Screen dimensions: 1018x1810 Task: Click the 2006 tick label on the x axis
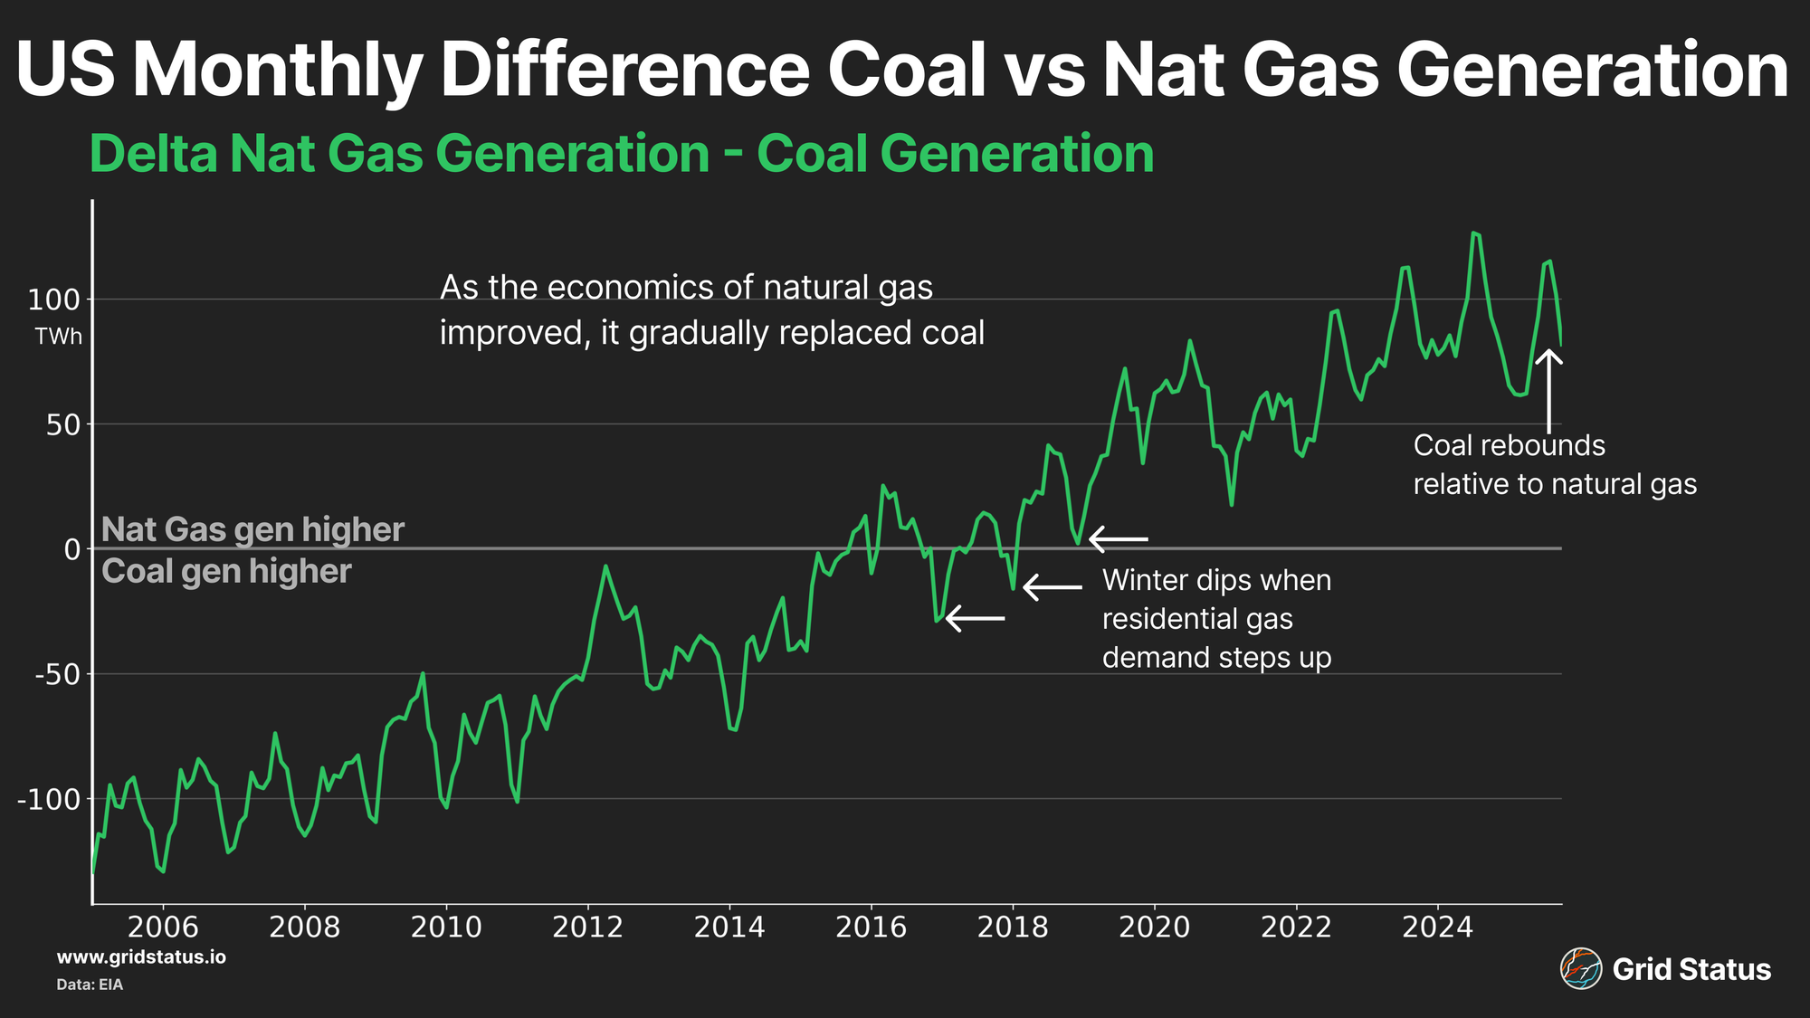coord(163,927)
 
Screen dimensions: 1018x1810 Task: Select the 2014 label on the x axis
coord(729,927)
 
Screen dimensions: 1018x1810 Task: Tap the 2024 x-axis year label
coord(1437,927)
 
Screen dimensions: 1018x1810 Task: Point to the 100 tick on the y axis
coord(54,300)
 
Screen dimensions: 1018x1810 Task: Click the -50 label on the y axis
coord(49,674)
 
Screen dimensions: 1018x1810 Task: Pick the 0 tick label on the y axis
coord(71,549)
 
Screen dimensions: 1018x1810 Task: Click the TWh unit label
coord(59,337)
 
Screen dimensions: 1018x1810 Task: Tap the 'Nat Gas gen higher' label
coord(252,529)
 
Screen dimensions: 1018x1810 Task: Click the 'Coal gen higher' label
coord(226,572)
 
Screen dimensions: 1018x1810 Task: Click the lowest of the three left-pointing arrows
coord(975,619)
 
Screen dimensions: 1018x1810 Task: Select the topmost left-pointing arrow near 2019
coord(1119,539)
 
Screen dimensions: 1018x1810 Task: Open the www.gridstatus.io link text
coord(141,957)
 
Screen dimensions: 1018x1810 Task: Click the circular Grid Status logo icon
coord(1580,969)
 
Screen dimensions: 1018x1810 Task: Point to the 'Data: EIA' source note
coord(90,985)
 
